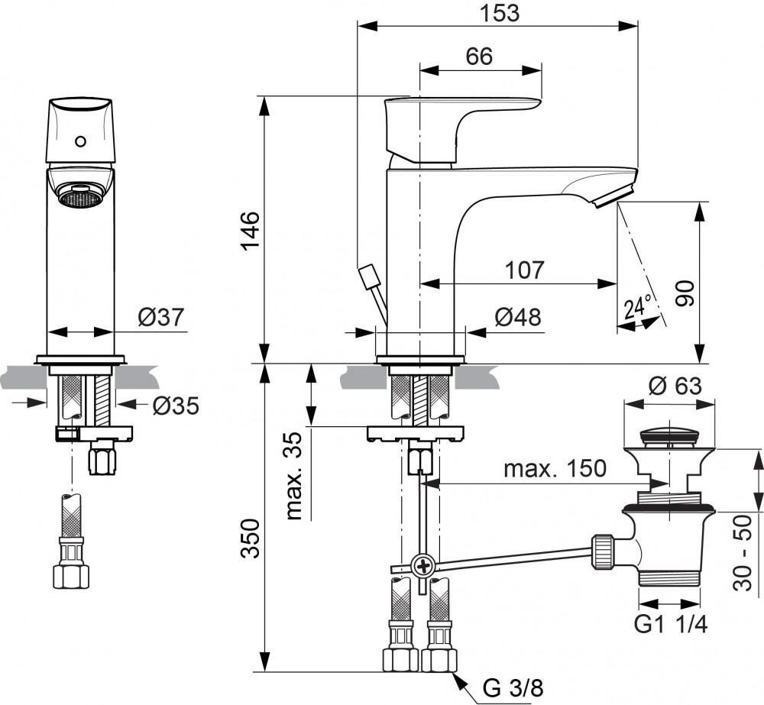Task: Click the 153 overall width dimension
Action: (497, 13)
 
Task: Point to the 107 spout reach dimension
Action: (524, 270)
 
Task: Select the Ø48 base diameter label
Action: (517, 317)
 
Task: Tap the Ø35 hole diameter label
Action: (174, 406)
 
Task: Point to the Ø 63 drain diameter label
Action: (675, 386)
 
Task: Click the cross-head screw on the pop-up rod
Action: (422, 566)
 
